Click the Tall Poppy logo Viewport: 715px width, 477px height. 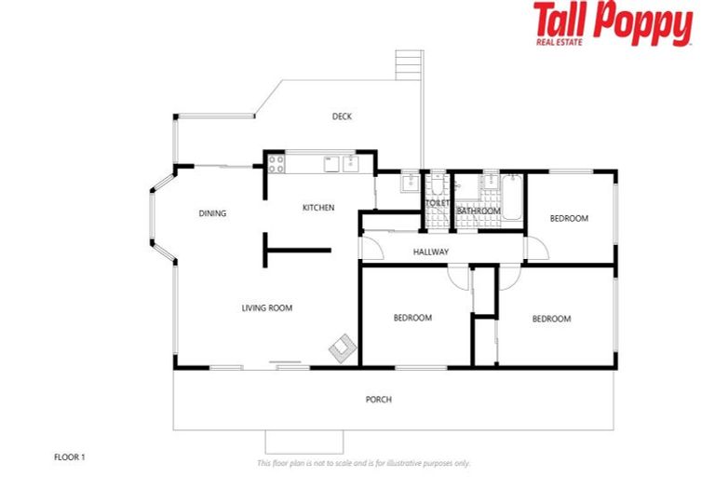[613, 23]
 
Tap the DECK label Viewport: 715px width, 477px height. [343, 116]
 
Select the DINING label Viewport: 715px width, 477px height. [212, 213]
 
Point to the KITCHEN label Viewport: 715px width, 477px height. [318, 208]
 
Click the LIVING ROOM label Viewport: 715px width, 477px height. [267, 307]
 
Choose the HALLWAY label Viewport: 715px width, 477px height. [430, 252]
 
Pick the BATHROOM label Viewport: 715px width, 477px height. [479, 211]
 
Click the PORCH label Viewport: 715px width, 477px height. [378, 400]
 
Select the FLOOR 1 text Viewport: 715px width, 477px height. [71, 457]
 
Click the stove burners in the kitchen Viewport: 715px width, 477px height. [277, 165]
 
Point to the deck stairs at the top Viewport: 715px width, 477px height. [408, 65]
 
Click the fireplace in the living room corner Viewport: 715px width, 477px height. [342, 348]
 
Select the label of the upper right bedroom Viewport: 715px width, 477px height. [569, 219]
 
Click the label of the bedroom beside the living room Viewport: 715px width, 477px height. [412, 318]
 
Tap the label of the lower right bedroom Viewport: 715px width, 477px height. [551, 319]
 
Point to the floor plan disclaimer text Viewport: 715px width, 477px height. [363, 463]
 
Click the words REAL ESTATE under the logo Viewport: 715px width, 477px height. [560, 41]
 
